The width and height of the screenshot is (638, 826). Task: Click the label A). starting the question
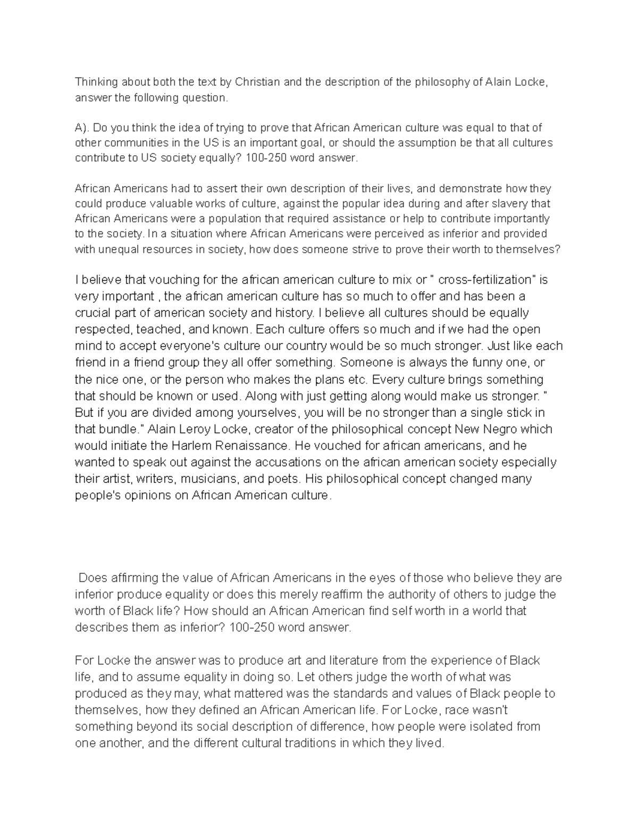coord(83,128)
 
